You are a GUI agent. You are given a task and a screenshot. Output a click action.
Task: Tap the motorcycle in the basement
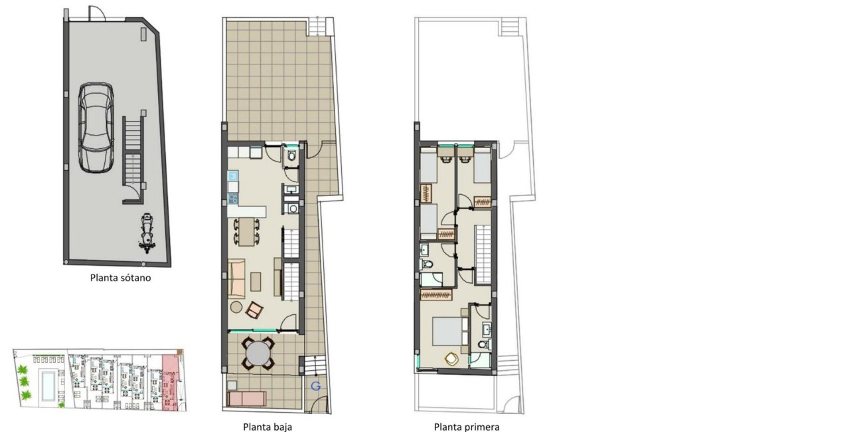(x=147, y=234)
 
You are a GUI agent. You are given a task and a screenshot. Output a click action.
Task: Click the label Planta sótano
(x=120, y=278)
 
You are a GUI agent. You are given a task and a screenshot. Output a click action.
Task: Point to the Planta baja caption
(x=268, y=427)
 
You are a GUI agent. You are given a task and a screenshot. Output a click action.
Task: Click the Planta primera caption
(x=467, y=427)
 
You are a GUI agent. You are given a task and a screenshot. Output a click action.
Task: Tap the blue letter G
(x=315, y=386)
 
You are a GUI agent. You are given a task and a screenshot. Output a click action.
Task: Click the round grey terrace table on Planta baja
(x=258, y=353)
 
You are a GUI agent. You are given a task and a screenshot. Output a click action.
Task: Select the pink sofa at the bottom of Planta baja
(x=246, y=399)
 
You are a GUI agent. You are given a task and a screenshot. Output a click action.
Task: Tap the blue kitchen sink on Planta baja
(x=232, y=176)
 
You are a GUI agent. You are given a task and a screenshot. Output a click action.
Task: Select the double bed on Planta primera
(x=448, y=330)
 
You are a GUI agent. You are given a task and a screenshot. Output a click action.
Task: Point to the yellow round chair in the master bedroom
(x=451, y=359)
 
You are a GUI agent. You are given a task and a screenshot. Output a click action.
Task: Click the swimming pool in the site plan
(x=49, y=385)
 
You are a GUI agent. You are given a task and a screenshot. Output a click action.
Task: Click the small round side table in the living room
(x=236, y=306)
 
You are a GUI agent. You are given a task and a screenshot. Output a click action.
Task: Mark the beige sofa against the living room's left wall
(x=236, y=278)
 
